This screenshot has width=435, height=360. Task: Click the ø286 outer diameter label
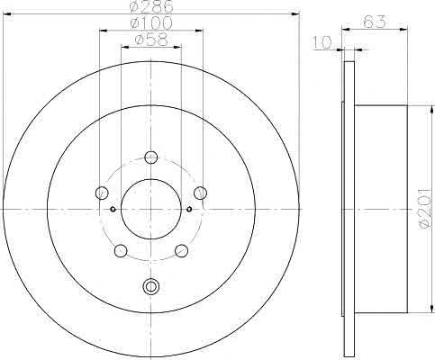(151, 6)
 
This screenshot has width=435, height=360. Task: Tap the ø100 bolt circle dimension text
(151, 23)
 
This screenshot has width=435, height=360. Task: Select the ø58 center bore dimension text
(151, 40)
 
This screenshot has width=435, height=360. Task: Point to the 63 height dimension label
(374, 22)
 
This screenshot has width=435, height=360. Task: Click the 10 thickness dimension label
(322, 42)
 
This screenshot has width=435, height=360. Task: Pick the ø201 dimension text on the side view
(427, 209)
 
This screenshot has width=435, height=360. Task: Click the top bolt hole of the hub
(151, 157)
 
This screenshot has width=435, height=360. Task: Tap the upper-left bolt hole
(102, 193)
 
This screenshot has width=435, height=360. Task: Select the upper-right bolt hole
(200, 193)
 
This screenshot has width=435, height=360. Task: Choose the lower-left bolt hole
(121, 250)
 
